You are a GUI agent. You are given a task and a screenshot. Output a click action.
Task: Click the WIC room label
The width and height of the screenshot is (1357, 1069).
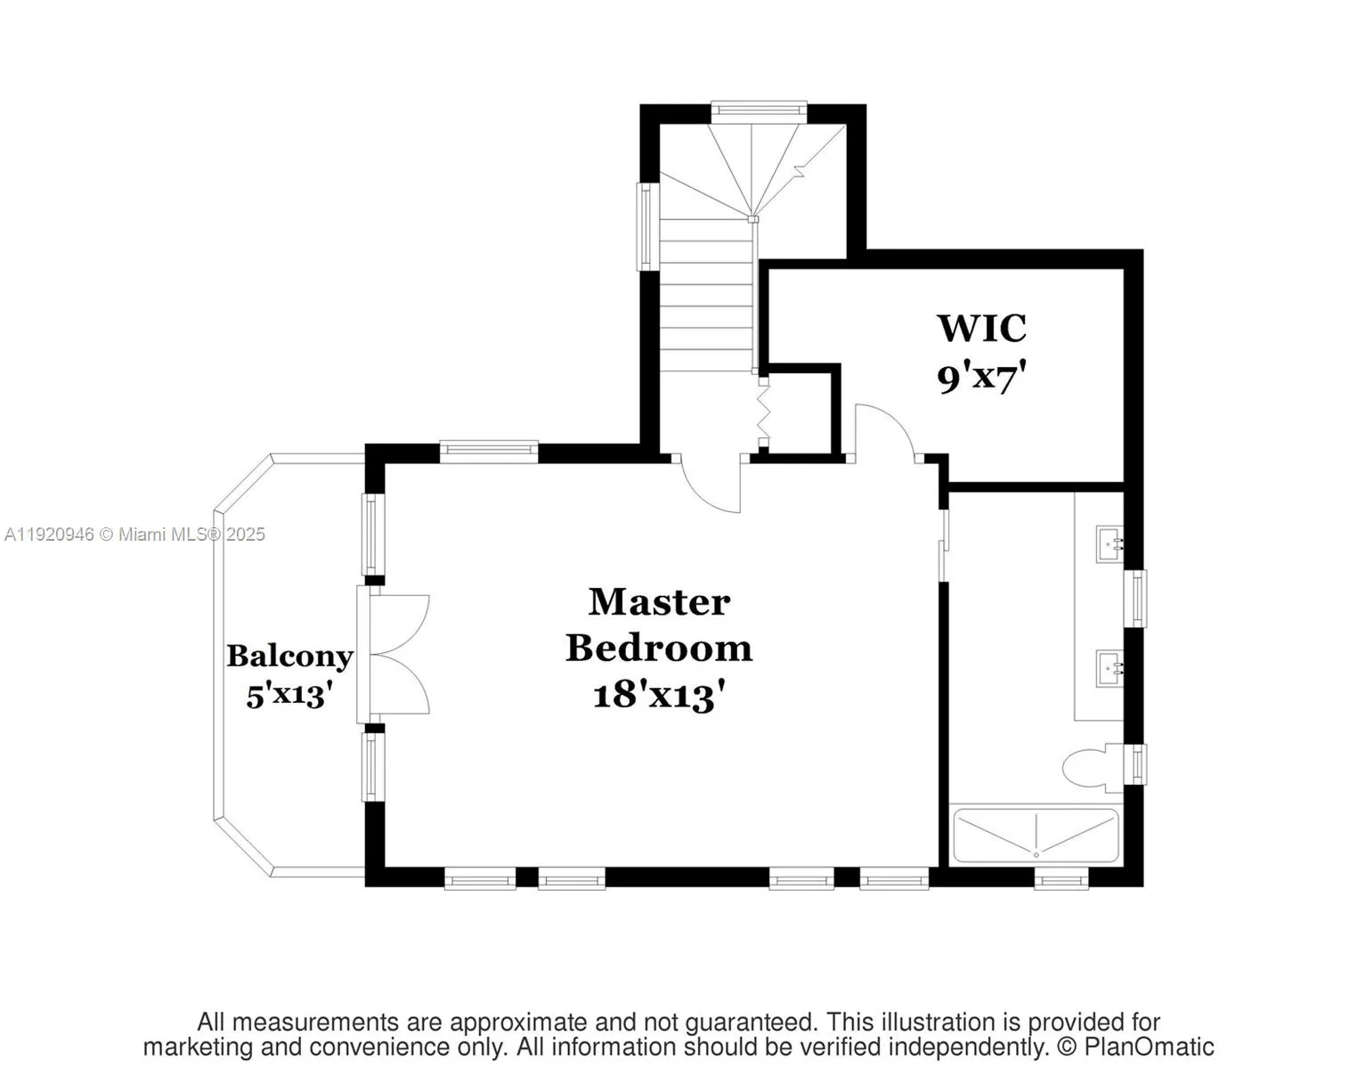pyautogui.click(x=981, y=329)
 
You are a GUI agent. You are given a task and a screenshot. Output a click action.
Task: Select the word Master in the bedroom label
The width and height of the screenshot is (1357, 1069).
pyautogui.click(x=659, y=602)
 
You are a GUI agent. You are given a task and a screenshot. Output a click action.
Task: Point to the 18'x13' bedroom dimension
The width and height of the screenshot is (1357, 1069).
pyautogui.click(x=658, y=695)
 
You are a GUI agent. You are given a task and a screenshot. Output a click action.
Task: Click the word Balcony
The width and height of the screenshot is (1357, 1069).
pyautogui.click(x=289, y=657)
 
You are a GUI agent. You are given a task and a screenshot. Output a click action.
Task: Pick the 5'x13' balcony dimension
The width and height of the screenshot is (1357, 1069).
pyautogui.click(x=289, y=694)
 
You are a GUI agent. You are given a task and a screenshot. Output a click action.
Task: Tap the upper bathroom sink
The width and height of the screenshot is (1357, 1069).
pyautogui.click(x=1109, y=542)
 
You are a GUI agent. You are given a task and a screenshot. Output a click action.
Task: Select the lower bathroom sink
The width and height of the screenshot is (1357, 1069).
pyautogui.click(x=1109, y=666)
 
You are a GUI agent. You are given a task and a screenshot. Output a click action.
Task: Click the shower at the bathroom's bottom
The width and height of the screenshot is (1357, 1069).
pyautogui.click(x=1035, y=836)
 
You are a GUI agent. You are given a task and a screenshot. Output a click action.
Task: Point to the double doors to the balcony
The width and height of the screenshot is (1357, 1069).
pyautogui.click(x=398, y=655)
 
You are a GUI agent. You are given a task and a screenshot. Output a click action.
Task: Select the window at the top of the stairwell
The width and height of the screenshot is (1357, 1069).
pyautogui.click(x=759, y=110)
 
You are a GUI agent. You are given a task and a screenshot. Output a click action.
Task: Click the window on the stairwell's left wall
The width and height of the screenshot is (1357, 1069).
pyautogui.click(x=645, y=226)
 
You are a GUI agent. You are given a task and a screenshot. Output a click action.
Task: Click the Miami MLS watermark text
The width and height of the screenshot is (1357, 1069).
pyautogui.click(x=134, y=534)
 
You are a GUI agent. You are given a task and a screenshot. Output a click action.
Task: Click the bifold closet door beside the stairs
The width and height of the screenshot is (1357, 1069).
pyautogui.click(x=762, y=411)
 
